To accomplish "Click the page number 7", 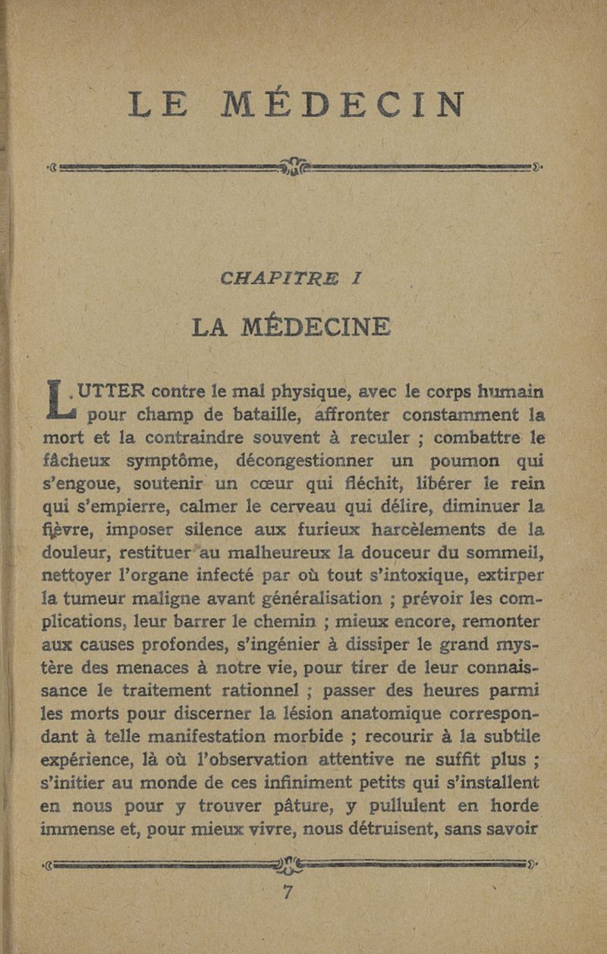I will (x=287, y=893).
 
